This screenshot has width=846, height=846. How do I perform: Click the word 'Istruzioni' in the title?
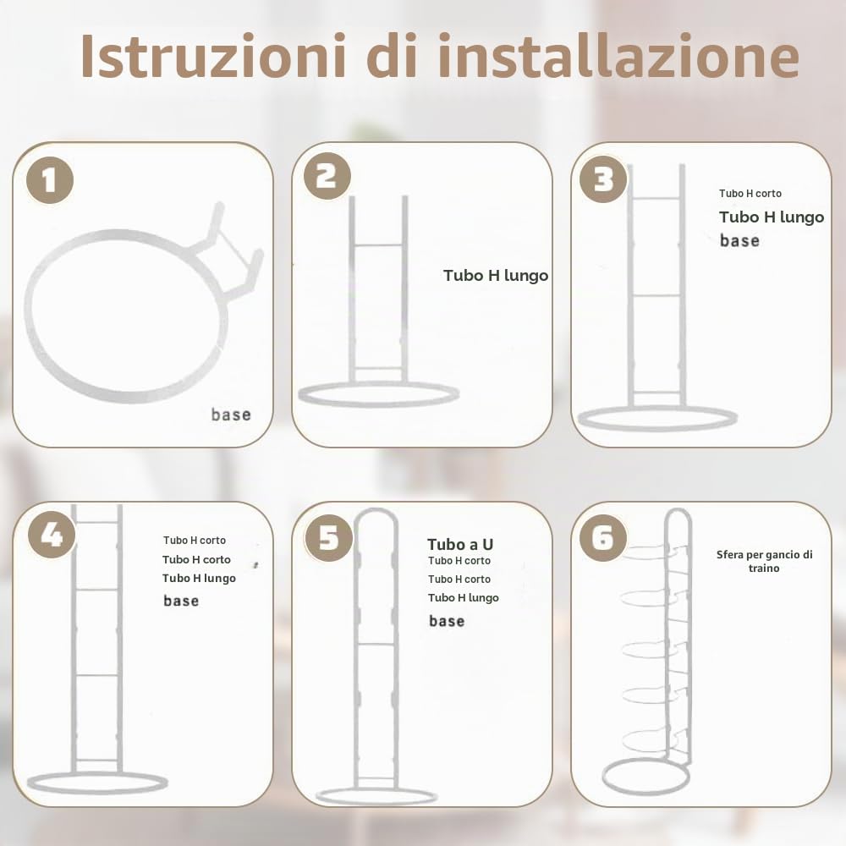coord(212,56)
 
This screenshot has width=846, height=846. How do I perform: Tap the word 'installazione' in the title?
coord(618,56)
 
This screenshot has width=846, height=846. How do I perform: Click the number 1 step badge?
coord(50,180)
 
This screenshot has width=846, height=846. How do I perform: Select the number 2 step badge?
coord(327,176)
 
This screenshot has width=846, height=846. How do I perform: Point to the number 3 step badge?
coord(603,179)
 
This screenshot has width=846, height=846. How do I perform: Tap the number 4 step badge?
coord(52,535)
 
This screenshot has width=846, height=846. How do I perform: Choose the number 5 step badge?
coord(328,538)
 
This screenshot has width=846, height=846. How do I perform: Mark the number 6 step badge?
coord(603,538)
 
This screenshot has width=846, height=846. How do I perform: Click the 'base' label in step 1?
coord(231,415)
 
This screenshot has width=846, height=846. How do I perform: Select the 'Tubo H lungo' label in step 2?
coord(496,276)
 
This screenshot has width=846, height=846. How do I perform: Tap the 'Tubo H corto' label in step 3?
coord(750,193)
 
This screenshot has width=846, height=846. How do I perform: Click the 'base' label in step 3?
coord(739,240)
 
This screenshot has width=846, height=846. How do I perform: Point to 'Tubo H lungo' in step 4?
coord(199,579)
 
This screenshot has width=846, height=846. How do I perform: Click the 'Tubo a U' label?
coord(460,544)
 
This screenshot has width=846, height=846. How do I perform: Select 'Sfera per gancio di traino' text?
coord(765,561)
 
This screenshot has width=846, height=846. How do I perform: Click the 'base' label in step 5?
coord(447,621)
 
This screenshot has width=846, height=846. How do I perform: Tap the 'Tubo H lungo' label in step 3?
coord(772,217)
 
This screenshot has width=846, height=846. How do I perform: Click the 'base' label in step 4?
coord(181,601)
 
